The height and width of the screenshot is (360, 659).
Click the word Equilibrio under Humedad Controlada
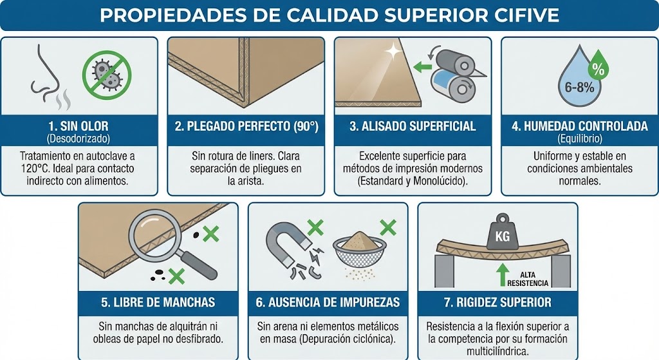click(580, 138)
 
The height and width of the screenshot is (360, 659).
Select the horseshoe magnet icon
click(286, 245)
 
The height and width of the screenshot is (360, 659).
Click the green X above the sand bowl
click(388, 227)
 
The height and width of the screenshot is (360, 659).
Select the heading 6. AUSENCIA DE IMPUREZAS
click(328, 302)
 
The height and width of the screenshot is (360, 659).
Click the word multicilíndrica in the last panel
click(497, 351)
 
